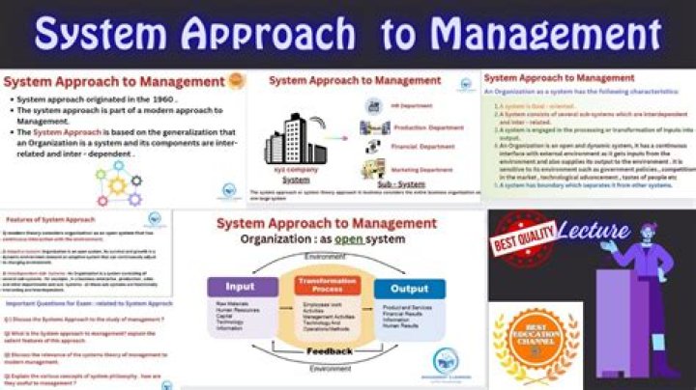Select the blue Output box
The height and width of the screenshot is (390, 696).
point(409,288)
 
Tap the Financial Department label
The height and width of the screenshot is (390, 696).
point(422,147)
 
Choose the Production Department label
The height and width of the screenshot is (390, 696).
point(428,126)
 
